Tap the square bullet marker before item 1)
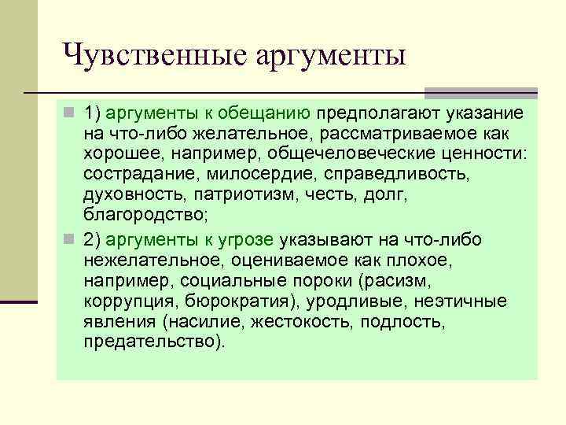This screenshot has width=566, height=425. pyautogui.click(x=68, y=113)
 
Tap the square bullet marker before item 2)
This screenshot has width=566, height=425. pyautogui.click(x=68, y=239)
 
